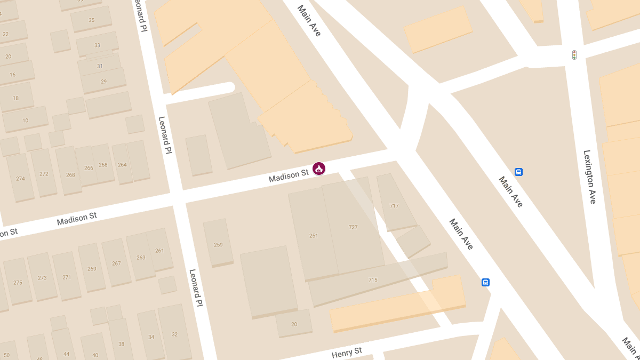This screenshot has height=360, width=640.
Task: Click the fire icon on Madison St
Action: click(x=319, y=169)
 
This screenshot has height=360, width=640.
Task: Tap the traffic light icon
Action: click(x=574, y=55)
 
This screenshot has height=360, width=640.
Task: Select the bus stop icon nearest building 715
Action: click(x=485, y=282)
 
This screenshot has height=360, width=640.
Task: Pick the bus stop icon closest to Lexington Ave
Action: click(x=518, y=172)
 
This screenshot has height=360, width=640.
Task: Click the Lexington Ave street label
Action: click(x=589, y=177)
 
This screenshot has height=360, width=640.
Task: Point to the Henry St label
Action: click(x=347, y=353)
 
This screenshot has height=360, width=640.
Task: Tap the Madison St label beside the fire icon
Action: click(x=289, y=175)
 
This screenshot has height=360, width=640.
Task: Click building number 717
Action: click(x=394, y=205)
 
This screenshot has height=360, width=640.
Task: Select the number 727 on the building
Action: click(x=353, y=227)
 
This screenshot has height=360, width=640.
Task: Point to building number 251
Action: click(x=314, y=235)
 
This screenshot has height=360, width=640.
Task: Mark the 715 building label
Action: click(x=373, y=280)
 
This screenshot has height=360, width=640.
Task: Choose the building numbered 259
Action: click(x=218, y=245)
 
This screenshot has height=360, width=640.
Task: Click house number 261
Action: click(x=159, y=251)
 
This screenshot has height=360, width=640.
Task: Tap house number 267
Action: click(x=116, y=263)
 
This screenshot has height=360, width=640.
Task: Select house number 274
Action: click(x=20, y=179)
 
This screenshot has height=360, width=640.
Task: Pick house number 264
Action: click(x=122, y=165)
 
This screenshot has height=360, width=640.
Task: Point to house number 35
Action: click(x=91, y=20)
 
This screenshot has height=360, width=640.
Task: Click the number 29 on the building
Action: click(x=103, y=82)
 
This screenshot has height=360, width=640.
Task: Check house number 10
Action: click(x=25, y=121)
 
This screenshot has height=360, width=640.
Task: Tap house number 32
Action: click(x=174, y=334)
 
